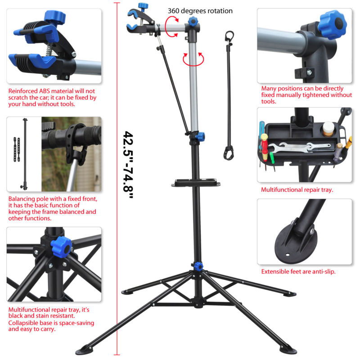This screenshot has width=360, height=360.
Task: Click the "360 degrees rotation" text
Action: [200, 10]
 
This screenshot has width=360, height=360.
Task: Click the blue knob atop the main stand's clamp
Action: [143, 6]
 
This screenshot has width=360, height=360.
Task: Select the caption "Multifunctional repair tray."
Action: [297, 190]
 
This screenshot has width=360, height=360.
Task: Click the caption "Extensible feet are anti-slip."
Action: [298, 272]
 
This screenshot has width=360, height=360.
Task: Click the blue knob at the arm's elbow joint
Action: [193, 22]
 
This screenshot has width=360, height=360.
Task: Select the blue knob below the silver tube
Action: [200, 135]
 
